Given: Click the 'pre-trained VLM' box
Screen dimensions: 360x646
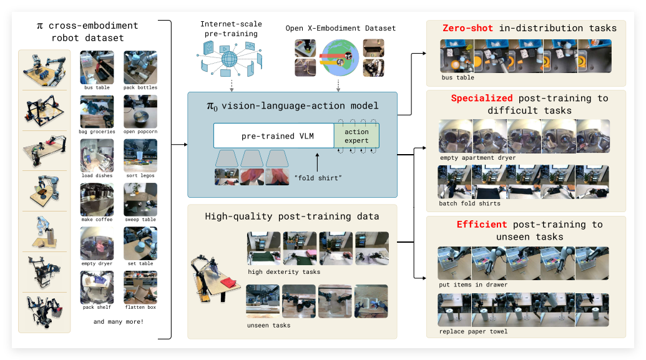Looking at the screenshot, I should pyautogui.click(x=273, y=135).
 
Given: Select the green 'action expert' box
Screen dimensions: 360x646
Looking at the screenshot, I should pyautogui.click(x=356, y=136).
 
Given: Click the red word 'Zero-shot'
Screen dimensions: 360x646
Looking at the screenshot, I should pyautogui.click(x=468, y=28).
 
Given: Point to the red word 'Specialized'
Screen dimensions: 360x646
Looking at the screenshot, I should pyautogui.click(x=482, y=99).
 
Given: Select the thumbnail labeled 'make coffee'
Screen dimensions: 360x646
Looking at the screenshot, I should pyautogui.click(x=97, y=200).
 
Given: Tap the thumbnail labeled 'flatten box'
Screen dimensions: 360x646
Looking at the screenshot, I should pyautogui.click(x=140, y=287).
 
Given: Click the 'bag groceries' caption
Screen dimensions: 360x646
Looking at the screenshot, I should pyautogui.click(x=97, y=132).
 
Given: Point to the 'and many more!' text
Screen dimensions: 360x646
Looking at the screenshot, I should pyautogui.click(x=119, y=322).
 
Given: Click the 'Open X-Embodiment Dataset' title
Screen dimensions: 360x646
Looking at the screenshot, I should pyautogui.click(x=340, y=28).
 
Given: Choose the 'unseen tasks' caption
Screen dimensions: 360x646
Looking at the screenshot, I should pyautogui.click(x=269, y=325).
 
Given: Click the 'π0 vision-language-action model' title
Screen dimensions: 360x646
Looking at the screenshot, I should pyautogui.click(x=292, y=106).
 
